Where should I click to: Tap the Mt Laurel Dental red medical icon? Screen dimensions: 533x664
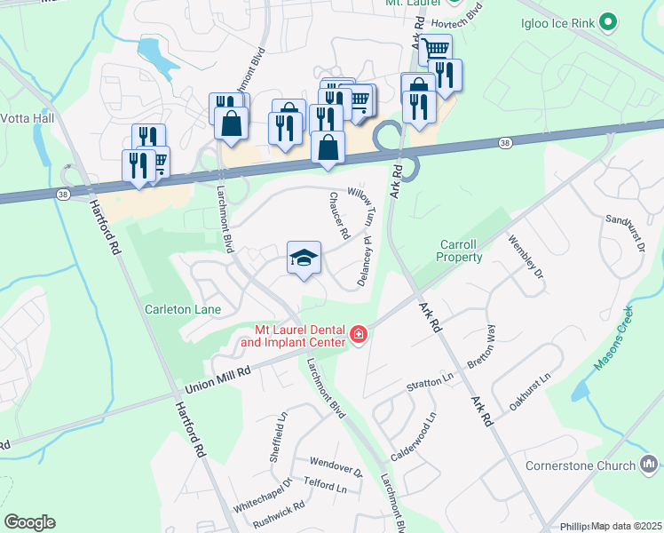point(358,334)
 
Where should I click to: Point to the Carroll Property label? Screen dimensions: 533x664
point(461,251)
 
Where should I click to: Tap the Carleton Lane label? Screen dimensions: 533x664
point(182,308)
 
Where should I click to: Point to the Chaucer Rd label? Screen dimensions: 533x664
point(339,216)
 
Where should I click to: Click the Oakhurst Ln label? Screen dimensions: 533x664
point(531,390)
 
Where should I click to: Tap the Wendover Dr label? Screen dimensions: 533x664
point(336,465)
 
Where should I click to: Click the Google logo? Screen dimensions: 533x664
point(29,522)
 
